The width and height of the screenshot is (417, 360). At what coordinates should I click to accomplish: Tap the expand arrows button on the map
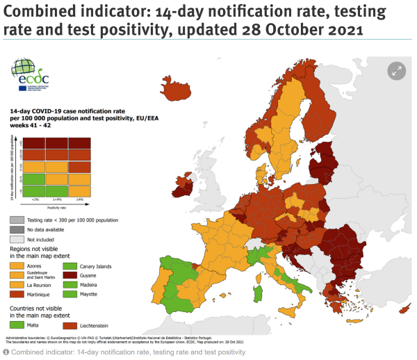pos(397,70)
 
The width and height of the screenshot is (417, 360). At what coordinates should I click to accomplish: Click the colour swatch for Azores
pos(17,265)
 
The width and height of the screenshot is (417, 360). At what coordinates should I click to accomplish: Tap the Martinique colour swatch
pos(17,295)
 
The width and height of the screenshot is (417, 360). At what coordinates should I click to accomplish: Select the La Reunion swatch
pos(17,285)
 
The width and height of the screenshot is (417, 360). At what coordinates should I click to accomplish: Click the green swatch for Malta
pos(17,324)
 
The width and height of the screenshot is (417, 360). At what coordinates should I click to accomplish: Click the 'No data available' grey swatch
pos(17,229)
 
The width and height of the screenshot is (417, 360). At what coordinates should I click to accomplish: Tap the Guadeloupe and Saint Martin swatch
pos(17,275)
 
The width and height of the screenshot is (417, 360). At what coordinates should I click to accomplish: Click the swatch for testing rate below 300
pos(17,219)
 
